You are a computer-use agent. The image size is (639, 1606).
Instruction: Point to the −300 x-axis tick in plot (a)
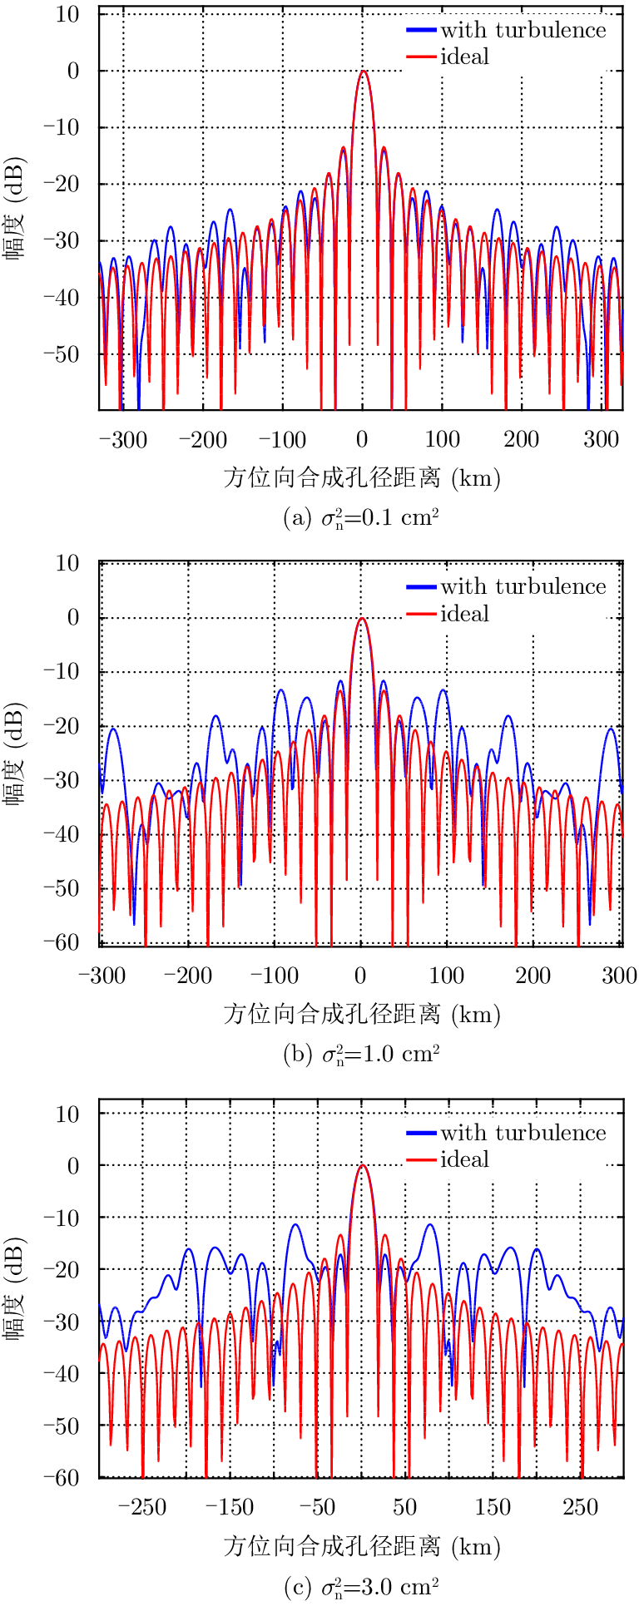tap(123, 440)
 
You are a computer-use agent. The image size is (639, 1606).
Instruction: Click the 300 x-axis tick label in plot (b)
tap(619, 976)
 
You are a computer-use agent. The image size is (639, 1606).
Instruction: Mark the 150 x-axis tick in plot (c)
tap(493, 1507)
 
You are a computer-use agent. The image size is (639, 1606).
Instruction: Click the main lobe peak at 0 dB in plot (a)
tap(363, 72)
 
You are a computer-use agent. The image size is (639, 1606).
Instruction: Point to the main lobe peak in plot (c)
tap(362, 1165)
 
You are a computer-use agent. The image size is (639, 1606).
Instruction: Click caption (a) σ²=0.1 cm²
tap(361, 519)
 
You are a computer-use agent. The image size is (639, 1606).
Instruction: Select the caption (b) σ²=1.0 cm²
tap(361, 1055)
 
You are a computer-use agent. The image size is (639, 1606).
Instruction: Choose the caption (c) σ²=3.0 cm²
tap(361, 1587)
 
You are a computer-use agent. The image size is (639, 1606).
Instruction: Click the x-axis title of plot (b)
tap(361, 1014)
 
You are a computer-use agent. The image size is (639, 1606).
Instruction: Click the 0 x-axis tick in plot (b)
tap(361, 976)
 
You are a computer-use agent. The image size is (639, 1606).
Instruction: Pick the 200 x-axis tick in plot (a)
tap(522, 440)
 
